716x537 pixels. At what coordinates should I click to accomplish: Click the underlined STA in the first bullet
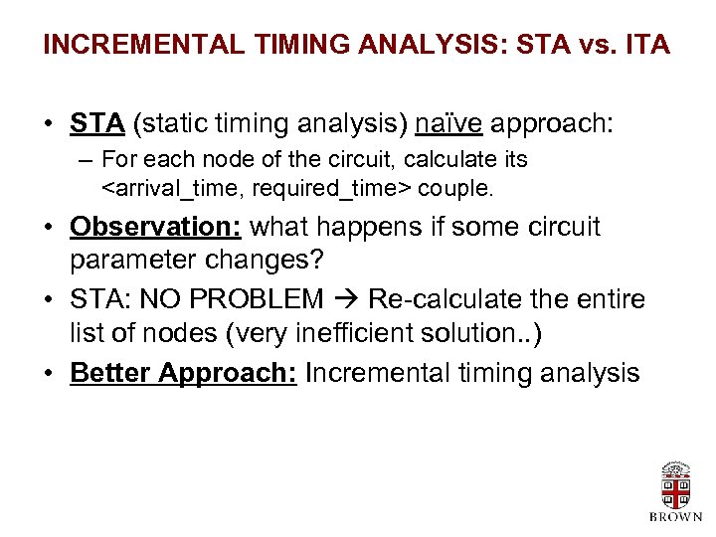point(97,124)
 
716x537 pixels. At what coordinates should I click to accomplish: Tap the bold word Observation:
point(156,227)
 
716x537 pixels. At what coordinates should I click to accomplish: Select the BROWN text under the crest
point(675,518)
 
